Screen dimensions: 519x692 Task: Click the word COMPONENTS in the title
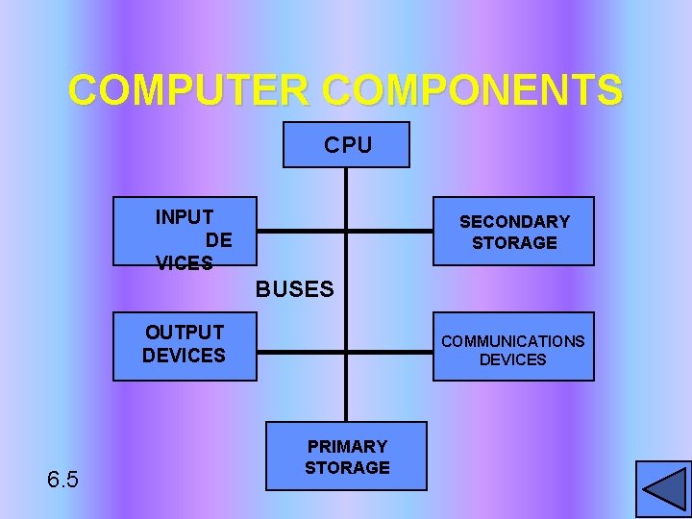(473, 90)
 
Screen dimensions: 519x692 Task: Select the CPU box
(347, 145)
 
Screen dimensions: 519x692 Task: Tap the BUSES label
(294, 288)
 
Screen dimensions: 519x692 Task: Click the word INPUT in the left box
(185, 217)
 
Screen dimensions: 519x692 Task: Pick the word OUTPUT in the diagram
(185, 333)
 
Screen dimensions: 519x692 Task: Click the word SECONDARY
(514, 221)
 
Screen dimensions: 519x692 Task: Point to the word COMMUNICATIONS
(512, 341)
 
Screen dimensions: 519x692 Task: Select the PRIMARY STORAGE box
(347, 457)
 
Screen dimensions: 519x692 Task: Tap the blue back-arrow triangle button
(662, 487)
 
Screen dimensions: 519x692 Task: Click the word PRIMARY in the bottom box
(347, 446)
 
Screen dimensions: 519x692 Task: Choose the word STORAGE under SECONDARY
(514, 242)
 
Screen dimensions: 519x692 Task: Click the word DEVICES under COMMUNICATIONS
(512, 359)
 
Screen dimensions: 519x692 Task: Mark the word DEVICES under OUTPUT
(184, 355)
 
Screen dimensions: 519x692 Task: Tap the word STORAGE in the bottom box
(347, 468)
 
